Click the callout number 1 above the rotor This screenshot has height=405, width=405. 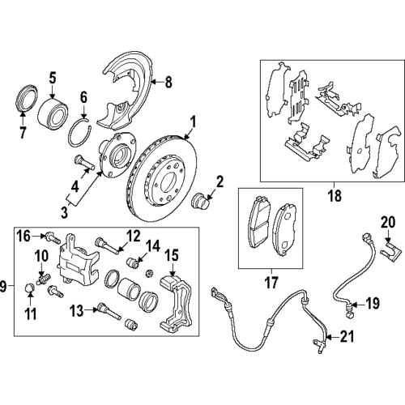tap(193, 122)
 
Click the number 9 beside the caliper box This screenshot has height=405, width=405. tap(6, 285)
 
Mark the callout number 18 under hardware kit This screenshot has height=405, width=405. tap(333, 195)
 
